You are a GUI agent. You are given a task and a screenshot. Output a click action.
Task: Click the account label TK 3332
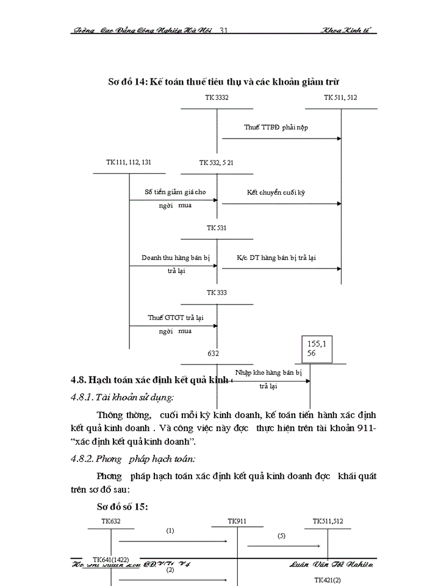(217, 98)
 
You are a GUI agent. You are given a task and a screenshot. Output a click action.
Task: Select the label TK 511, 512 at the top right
(340, 98)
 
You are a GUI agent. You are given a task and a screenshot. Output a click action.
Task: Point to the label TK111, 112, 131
(129, 162)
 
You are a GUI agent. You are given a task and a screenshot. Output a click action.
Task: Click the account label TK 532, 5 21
(216, 162)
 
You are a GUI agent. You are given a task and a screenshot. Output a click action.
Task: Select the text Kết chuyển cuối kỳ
(276, 192)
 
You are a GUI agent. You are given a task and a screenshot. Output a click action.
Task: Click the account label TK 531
(217, 228)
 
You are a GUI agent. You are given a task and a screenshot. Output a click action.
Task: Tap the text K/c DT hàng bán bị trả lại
(276, 258)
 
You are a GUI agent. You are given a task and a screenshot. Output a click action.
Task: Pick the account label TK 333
(217, 293)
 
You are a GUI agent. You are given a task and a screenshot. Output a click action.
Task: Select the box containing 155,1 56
(317, 349)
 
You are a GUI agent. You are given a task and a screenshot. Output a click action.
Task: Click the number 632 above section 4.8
(213, 353)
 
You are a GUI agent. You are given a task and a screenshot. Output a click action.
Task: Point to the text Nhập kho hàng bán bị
(268, 372)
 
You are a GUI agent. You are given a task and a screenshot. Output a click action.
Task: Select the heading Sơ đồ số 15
(123, 506)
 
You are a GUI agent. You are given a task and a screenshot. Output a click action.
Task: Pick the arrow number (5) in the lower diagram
(281, 535)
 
